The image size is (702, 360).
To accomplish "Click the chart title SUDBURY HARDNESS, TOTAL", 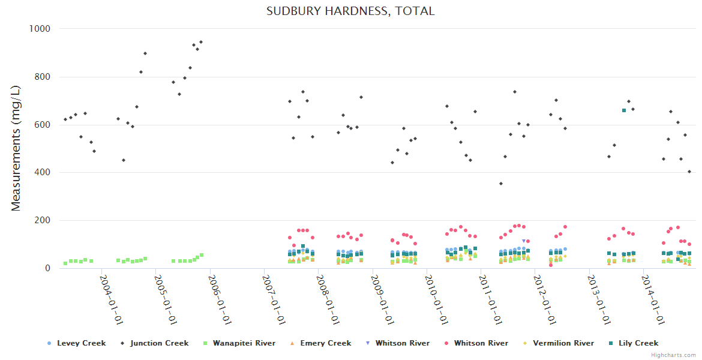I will pyautogui.click(x=350, y=11).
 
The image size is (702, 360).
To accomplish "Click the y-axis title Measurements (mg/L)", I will pyautogui.click(x=16, y=148).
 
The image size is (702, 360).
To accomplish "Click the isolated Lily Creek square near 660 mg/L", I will pyautogui.click(x=624, y=110).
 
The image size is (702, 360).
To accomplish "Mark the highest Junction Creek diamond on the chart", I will pyautogui.click(x=201, y=42).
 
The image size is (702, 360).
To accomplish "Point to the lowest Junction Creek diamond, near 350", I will pyautogui.click(x=500, y=184).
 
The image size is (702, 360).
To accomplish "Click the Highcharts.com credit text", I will pyautogui.click(x=673, y=355).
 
